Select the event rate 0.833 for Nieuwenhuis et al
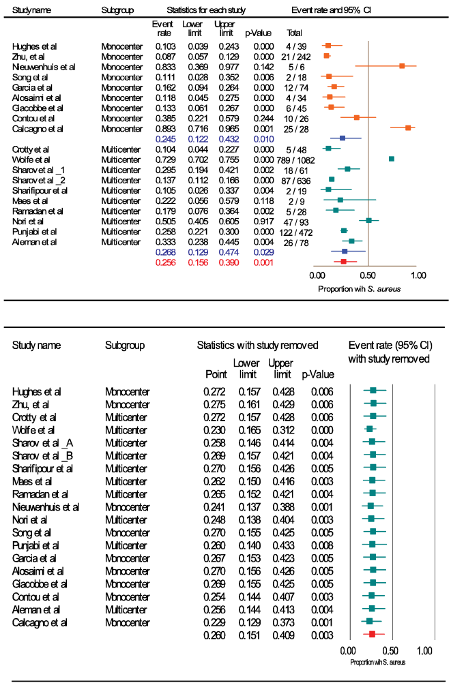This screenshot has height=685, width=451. [162, 67]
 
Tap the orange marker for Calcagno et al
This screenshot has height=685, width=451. [408, 127]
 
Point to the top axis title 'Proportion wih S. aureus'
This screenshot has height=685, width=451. [359, 288]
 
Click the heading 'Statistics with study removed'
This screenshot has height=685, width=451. [250, 346]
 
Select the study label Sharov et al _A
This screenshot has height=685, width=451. [40, 442]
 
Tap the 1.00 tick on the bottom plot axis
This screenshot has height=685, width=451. [424, 652]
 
